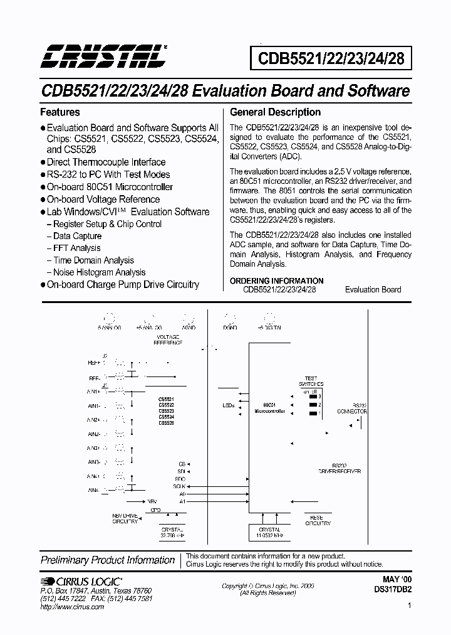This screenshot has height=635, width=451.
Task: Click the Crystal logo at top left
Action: [103, 56]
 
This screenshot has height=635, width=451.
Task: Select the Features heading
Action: [60, 112]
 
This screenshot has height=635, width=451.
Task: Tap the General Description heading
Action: [275, 112]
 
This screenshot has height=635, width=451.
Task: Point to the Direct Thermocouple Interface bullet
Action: [106, 162]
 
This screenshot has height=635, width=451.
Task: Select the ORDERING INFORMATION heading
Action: [276, 280]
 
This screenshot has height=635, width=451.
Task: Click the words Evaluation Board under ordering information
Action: [373, 289]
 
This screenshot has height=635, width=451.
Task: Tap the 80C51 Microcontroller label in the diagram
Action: [270, 408]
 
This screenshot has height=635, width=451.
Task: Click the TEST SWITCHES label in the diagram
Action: [311, 381]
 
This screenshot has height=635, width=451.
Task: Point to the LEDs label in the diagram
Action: [228, 405]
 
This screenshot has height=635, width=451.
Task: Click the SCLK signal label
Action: [180, 486]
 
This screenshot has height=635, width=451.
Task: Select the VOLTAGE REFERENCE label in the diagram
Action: [168, 341]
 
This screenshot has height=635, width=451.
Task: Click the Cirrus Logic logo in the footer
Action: [81, 581]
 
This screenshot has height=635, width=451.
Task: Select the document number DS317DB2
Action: [391, 591]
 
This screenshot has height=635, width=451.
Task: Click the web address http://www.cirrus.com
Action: [70, 607]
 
